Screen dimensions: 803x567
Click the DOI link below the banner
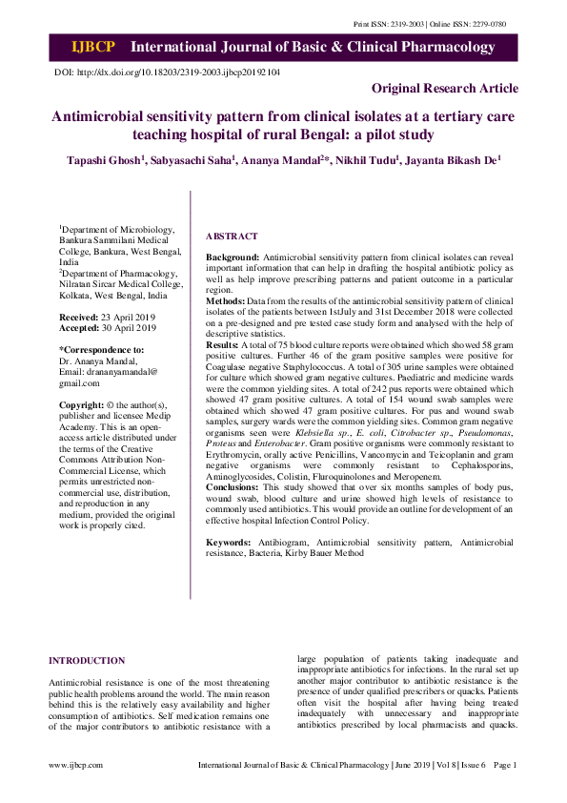point(168,72)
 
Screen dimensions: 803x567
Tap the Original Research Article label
point(445,89)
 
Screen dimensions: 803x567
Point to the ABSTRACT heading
point(232,237)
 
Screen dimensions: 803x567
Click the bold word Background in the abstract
point(233,258)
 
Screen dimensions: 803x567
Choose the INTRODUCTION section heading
point(87,660)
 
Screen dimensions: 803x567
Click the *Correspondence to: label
point(102,350)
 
